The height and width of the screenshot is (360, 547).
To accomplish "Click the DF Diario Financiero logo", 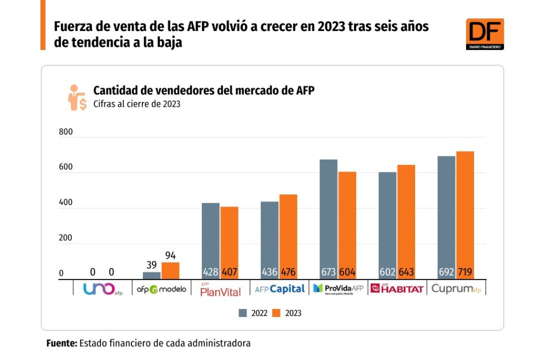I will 484,34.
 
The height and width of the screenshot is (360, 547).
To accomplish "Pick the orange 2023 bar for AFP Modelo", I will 170,270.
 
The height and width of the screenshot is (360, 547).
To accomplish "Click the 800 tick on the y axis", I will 66,132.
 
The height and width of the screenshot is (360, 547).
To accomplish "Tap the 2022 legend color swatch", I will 243,313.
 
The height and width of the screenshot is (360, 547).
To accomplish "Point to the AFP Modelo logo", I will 161,289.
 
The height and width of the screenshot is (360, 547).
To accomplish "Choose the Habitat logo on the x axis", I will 397,289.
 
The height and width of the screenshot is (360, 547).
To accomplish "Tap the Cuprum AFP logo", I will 456,289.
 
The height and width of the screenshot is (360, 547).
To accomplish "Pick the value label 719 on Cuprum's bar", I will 465,273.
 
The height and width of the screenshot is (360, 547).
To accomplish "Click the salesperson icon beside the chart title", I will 77,97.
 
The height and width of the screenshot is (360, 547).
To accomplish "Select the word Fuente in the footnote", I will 61,343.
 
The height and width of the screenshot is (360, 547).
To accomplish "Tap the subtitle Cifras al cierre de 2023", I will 137,104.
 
